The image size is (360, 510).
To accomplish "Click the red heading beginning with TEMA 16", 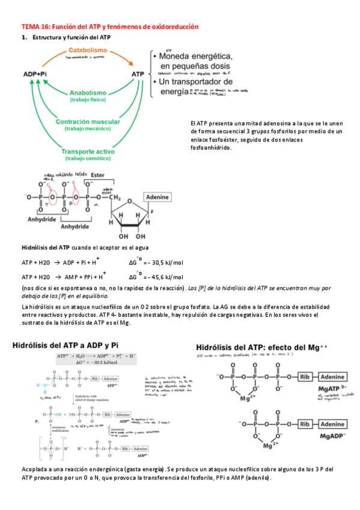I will point(109,27).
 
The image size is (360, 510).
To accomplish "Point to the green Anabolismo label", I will point(88,93).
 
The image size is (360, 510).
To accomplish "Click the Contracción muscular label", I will point(88,121).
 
